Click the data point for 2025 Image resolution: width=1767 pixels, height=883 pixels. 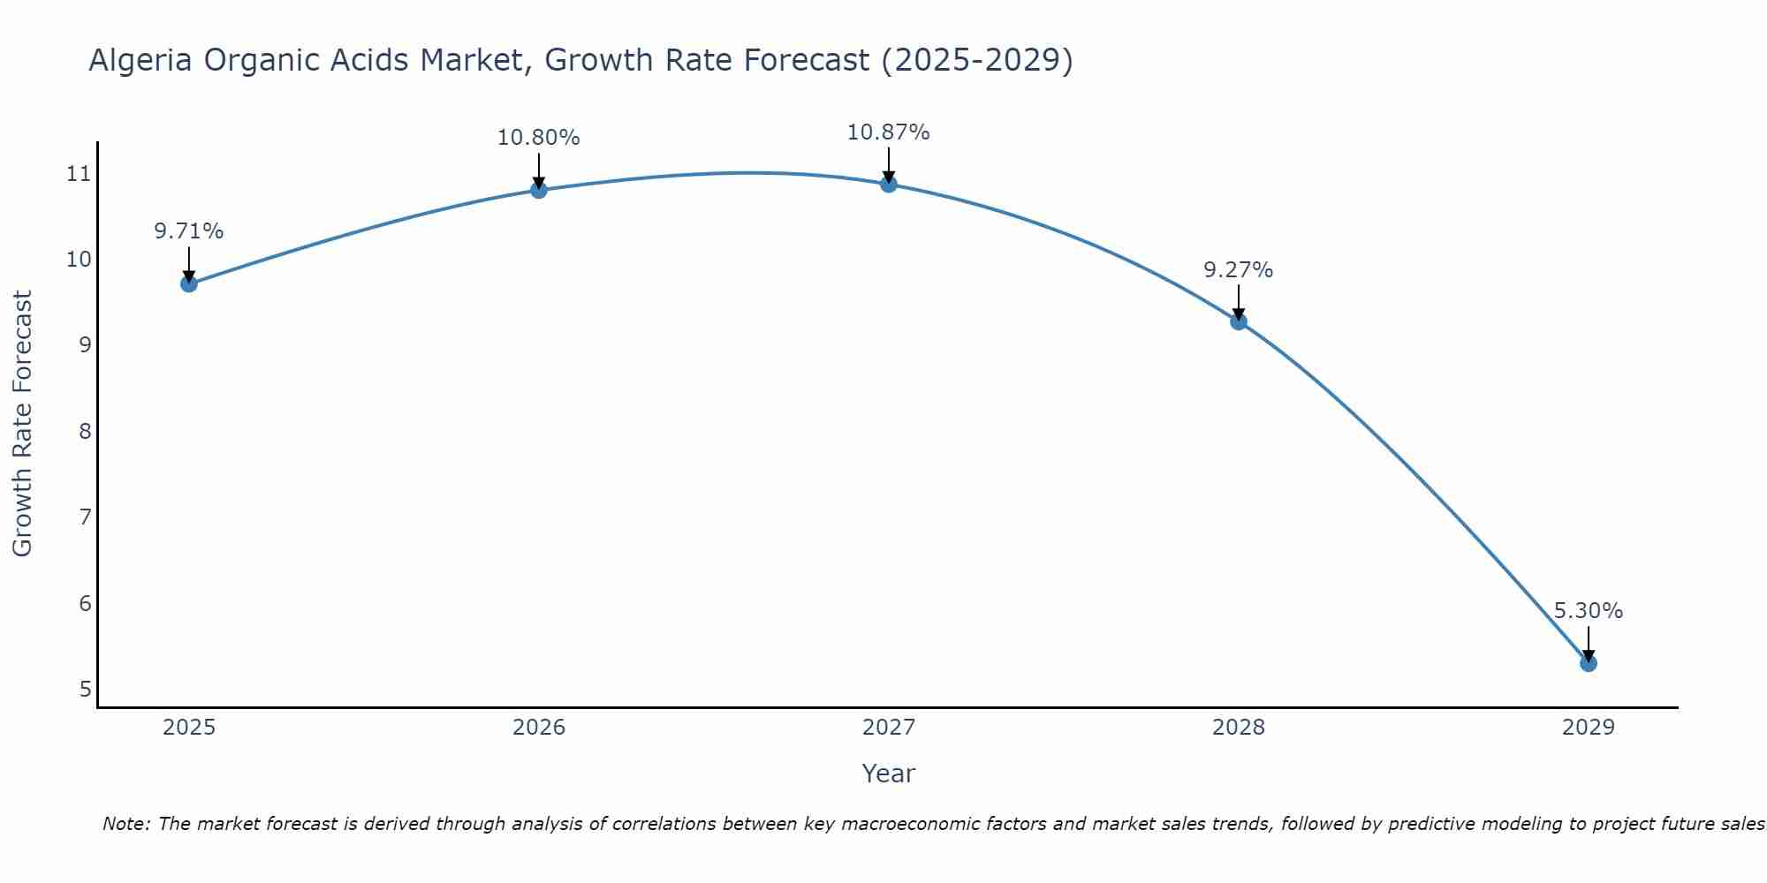point(188,283)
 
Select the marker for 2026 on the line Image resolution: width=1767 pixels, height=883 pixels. point(539,190)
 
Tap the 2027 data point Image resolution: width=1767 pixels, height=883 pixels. point(889,184)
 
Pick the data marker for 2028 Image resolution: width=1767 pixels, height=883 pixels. point(1239,321)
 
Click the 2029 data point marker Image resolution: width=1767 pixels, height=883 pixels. point(1589,663)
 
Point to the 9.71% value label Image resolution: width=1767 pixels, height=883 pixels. point(188,231)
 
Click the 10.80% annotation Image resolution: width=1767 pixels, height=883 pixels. point(538,138)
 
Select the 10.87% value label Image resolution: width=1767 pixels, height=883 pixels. point(888,132)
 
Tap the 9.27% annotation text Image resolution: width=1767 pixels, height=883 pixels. point(1238,270)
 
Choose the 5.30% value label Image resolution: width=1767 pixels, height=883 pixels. point(1588,611)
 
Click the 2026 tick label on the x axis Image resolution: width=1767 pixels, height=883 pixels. point(539,728)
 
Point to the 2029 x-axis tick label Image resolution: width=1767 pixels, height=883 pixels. point(1589,728)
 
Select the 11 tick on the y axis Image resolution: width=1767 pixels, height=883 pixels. point(79,173)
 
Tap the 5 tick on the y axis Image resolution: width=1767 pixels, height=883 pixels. point(85,689)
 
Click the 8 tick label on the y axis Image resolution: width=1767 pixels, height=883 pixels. point(85,431)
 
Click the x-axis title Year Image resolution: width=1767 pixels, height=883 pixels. point(888,774)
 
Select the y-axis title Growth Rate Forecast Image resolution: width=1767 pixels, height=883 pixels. point(23,424)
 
